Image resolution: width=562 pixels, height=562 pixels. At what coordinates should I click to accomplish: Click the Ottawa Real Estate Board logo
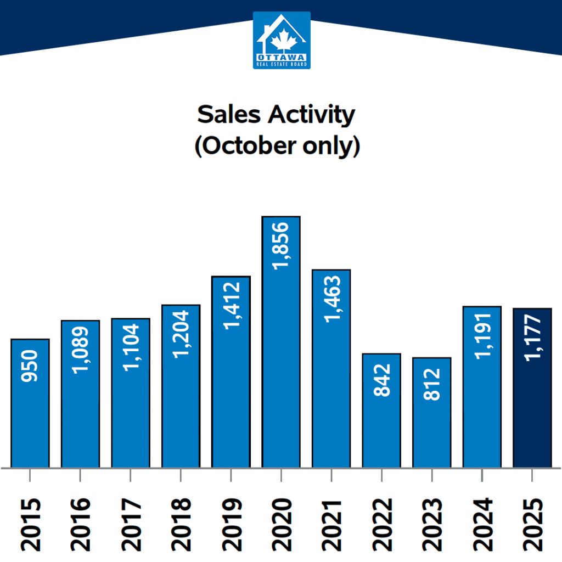click(282, 40)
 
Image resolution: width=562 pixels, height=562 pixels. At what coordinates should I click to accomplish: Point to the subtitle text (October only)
click(277, 147)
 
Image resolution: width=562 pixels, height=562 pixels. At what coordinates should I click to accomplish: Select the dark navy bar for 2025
click(532, 417)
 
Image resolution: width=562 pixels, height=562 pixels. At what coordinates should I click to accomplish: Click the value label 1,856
click(281, 245)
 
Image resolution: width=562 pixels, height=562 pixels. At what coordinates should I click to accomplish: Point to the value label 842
click(382, 380)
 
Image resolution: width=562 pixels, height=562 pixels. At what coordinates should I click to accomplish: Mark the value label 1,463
click(331, 299)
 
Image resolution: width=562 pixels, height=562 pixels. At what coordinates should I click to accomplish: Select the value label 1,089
click(80, 349)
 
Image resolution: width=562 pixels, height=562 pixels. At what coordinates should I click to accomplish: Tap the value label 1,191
click(482, 335)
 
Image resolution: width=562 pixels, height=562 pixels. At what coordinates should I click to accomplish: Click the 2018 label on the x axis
click(181, 524)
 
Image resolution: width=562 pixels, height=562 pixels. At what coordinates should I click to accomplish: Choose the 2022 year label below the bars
click(382, 524)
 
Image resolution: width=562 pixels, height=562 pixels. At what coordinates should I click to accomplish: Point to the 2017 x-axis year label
click(131, 524)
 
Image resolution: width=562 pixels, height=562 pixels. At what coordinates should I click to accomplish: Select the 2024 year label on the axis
click(482, 524)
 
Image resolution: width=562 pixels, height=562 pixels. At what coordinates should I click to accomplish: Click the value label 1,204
click(181, 333)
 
